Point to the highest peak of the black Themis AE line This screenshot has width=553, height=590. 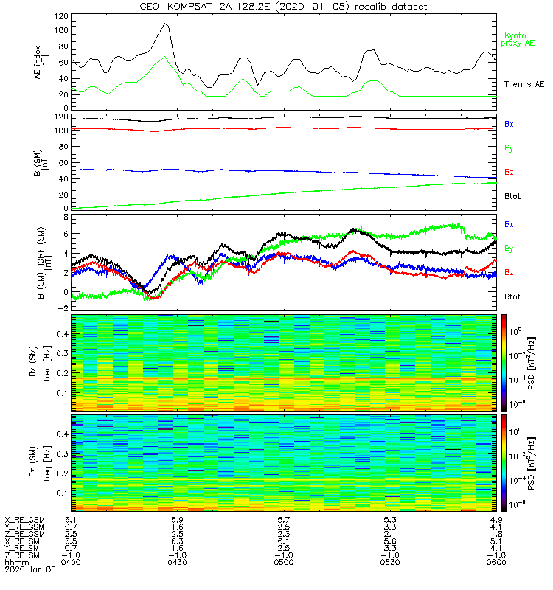166,24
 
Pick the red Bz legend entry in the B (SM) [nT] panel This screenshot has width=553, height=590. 509,172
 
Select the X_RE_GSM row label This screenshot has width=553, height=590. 24,521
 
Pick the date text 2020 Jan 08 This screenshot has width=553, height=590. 27,570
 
